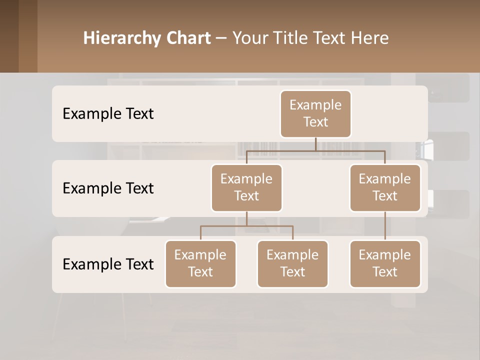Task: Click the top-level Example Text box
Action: pos(315,113)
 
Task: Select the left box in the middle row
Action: pos(246,187)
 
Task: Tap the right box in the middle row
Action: pos(385,187)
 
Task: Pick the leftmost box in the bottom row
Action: pos(200,263)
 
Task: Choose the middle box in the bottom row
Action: pos(292,263)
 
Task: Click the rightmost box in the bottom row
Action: pos(385,263)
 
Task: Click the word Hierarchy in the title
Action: pos(121,38)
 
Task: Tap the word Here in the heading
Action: pos(370,38)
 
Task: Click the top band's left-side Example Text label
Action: pos(108,113)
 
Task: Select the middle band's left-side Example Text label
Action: pos(108,188)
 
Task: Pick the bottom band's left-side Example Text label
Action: pos(108,264)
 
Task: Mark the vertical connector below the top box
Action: pos(315,144)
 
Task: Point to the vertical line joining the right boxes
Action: pos(385,226)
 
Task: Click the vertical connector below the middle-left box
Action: pos(246,219)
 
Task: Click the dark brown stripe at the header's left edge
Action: pos(9,36)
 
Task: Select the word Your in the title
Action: pos(249,38)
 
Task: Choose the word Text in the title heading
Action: pos(327,38)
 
